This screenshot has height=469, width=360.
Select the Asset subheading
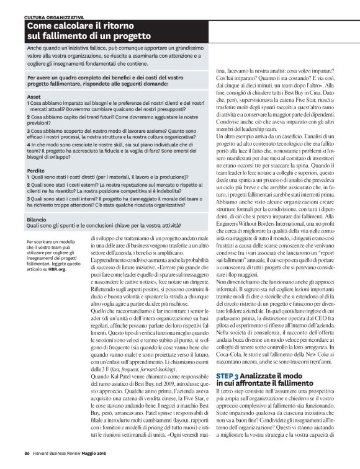tap(34, 97)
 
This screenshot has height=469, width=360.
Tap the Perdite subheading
tap(37, 169)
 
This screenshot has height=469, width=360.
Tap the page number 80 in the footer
tap(27, 460)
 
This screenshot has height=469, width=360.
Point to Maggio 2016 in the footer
tap(104, 460)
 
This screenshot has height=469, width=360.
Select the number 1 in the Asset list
tap(29, 104)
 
